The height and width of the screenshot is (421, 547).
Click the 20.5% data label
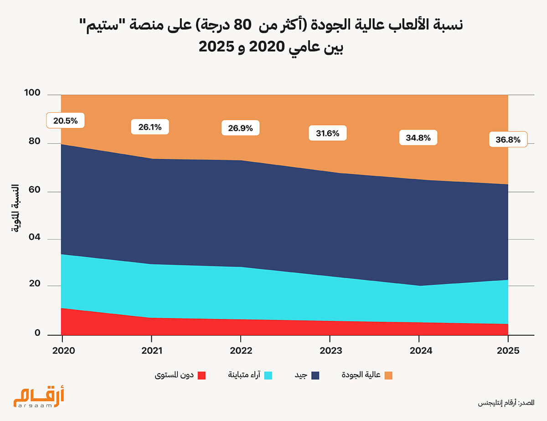click(x=65, y=121)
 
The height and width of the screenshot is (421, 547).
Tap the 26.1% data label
click(x=150, y=127)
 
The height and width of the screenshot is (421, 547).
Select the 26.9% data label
click(x=240, y=128)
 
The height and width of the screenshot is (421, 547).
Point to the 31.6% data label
click(x=327, y=133)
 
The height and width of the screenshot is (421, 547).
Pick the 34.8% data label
click(x=418, y=138)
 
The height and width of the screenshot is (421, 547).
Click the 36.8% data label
click(x=508, y=140)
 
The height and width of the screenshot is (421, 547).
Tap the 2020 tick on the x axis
click(x=62, y=352)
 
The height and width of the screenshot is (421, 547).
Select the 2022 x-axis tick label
click(x=240, y=352)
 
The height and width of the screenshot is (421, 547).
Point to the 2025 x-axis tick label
click(x=508, y=352)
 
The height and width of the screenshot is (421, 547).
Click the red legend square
click(x=201, y=375)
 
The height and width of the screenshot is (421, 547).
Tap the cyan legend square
click(x=268, y=375)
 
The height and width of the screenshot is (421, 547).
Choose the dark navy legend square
click(x=315, y=375)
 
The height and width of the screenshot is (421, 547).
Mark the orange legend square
click(x=388, y=375)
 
